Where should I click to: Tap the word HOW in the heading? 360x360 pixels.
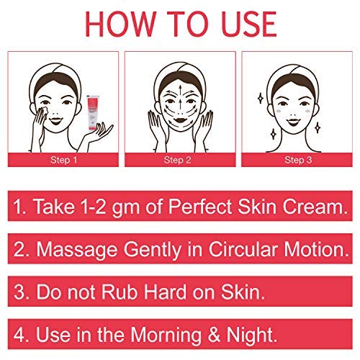click(120, 24)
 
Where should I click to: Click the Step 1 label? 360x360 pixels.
click(63, 160)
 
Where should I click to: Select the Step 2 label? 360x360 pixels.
click(177, 160)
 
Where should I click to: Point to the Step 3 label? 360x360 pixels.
click(298, 160)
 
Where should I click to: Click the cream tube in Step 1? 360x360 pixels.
click(93, 112)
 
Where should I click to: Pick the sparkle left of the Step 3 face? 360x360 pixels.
click(261, 98)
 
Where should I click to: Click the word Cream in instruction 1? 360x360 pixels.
click(315, 207)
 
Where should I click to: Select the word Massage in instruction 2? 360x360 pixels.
click(77, 251)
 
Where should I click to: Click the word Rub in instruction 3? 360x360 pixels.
click(120, 292)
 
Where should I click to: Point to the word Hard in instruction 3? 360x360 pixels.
click(166, 292)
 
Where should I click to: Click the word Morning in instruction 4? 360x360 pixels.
click(166, 336)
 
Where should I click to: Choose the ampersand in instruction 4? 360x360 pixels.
click(214, 335)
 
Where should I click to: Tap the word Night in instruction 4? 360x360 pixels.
click(252, 336)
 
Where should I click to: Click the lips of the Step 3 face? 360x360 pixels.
click(293, 122)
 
